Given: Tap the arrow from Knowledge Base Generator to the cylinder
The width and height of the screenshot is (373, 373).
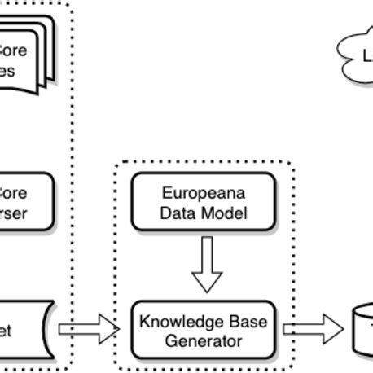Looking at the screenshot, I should tap(313, 329).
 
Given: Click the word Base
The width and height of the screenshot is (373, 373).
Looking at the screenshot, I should tap(241, 320).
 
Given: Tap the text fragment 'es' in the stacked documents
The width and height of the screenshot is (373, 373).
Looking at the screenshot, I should tap(8, 70).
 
